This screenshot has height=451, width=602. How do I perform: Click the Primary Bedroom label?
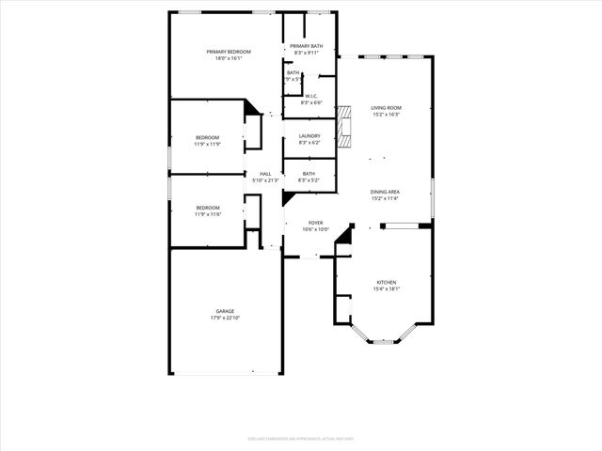[225, 53]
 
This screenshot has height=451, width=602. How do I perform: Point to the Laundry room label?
[309, 136]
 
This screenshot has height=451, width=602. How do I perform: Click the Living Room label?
[386, 108]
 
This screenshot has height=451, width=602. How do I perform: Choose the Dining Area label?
[386, 193]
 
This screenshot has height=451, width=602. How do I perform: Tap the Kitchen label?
[387, 282]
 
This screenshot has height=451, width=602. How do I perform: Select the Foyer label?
[316, 223]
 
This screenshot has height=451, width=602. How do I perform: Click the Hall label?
[265, 174]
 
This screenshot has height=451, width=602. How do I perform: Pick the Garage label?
[225, 311]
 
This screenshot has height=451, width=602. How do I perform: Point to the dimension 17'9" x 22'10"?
[225, 318]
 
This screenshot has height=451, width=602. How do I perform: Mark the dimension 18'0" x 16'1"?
[225, 59]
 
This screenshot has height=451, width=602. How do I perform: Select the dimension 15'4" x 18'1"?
[387, 288]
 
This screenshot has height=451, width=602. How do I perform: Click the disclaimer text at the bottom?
[300, 438]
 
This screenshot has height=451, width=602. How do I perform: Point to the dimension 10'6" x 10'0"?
[316, 229]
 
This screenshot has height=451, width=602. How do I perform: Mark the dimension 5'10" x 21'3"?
[265, 180]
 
